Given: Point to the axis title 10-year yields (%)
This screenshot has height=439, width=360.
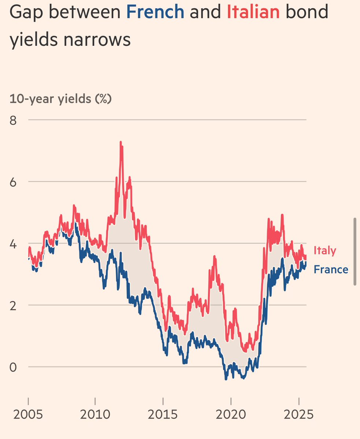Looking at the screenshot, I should (x=60, y=99).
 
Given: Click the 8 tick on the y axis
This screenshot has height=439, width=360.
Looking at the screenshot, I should (x=13, y=120).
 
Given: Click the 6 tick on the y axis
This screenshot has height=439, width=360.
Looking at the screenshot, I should (x=13, y=182).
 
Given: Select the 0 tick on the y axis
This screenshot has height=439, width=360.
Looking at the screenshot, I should (x=13, y=367).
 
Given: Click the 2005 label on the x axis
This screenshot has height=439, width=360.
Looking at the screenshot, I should (x=28, y=415).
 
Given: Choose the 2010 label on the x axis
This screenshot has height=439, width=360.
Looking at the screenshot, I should (x=96, y=415).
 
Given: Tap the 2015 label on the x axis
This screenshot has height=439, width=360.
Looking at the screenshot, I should (x=163, y=415).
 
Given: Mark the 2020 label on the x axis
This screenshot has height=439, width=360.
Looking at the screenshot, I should (x=231, y=415).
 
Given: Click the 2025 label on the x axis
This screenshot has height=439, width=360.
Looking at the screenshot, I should (x=298, y=415).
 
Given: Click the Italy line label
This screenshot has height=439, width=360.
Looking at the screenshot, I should (x=325, y=251).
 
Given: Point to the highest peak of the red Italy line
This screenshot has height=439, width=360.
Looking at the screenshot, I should (x=120, y=142).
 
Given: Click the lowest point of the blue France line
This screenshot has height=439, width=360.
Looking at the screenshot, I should (x=226, y=379).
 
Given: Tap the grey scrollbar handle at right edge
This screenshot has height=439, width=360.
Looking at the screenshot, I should (x=355, y=251).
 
